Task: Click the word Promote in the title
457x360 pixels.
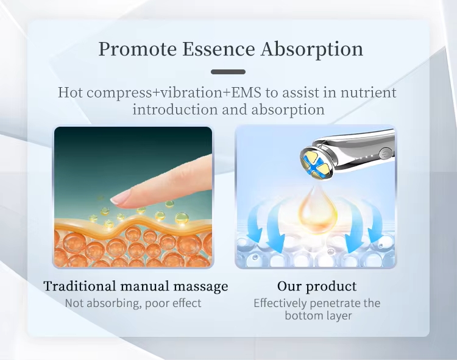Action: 138,49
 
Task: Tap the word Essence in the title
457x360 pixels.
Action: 219,49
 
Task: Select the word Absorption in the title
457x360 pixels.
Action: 312,49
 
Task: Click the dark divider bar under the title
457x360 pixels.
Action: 228,72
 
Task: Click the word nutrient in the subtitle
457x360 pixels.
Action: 369,93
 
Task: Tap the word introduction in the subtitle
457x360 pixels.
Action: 175,110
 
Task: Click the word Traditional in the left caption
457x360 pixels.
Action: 80,286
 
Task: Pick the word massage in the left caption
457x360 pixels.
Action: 200,287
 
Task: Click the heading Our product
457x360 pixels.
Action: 317,287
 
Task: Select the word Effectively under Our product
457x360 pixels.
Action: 280,303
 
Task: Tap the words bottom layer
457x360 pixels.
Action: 318,316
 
